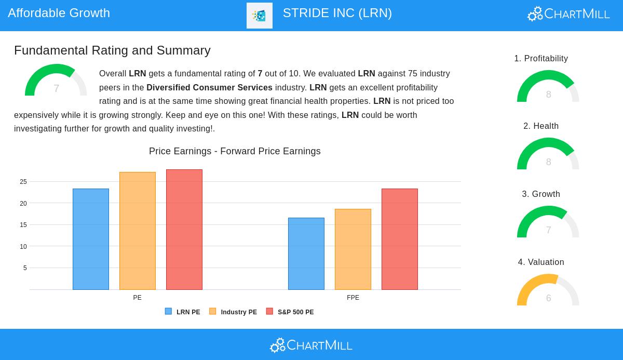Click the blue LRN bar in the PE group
[x=91, y=239]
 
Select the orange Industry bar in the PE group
[x=138, y=231]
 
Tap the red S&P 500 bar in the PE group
[x=184, y=230]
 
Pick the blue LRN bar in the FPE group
[x=306, y=254]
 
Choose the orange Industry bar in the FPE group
[x=353, y=249]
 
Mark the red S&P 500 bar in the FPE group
[x=400, y=239]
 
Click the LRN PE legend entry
[x=183, y=312]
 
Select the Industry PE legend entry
[x=233, y=312]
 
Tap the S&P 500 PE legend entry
[x=290, y=312]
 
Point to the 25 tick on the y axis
[x=23, y=182]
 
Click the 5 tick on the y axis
[x=25, y=268]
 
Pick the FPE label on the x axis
[x=353, y=298]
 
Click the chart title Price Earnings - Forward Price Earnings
[x=235, y=151]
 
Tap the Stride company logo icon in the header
[x=260, y=16]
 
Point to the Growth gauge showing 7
[x=548, y=222]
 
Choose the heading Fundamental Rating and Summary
[x=112, y=50]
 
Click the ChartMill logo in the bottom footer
[x=311, y=345]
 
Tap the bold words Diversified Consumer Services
[x=209, y=87]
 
